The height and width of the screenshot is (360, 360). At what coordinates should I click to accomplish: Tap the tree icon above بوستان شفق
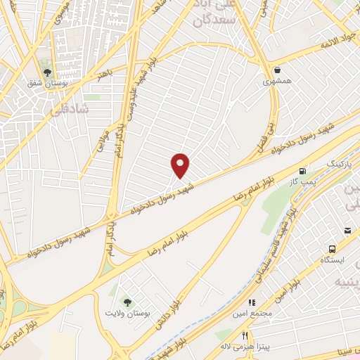coord(47,72)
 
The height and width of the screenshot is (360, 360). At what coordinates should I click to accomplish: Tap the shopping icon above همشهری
coord(278,70)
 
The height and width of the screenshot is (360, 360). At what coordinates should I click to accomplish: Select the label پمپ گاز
coord(303,182)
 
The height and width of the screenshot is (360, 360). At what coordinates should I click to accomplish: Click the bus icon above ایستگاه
coord(332,248)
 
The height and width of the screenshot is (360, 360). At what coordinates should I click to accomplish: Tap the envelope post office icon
coord(347,231)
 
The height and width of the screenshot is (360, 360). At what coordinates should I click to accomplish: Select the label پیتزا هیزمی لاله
coord(245,347)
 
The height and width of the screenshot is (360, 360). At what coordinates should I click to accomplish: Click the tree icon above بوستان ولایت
coord(127,302)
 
